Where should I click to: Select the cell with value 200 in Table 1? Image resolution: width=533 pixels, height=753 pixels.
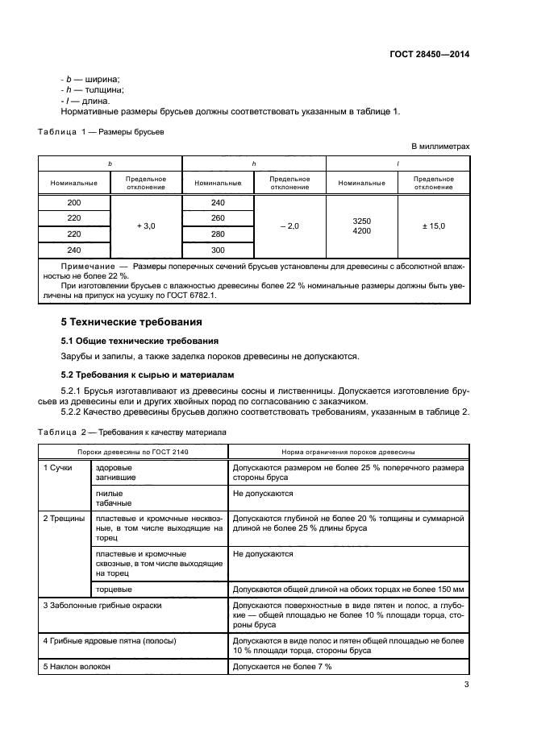(74, 203)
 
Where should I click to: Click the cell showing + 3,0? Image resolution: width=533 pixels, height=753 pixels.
(147, 226)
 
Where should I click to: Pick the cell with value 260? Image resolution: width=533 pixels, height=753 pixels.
(218, 218)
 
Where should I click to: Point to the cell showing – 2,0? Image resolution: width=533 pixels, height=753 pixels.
(289, 226)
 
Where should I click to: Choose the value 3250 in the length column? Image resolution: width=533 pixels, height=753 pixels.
(361, 220)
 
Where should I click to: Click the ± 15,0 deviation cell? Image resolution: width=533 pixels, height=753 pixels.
(433, 226)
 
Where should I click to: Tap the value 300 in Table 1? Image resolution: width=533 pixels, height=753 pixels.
(218, 250)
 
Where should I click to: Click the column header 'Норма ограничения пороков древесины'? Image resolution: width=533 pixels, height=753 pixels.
(348, 453)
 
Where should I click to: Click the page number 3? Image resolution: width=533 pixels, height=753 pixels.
(466, 685)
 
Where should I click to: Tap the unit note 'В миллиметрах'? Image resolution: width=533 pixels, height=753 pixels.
(440, 146)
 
